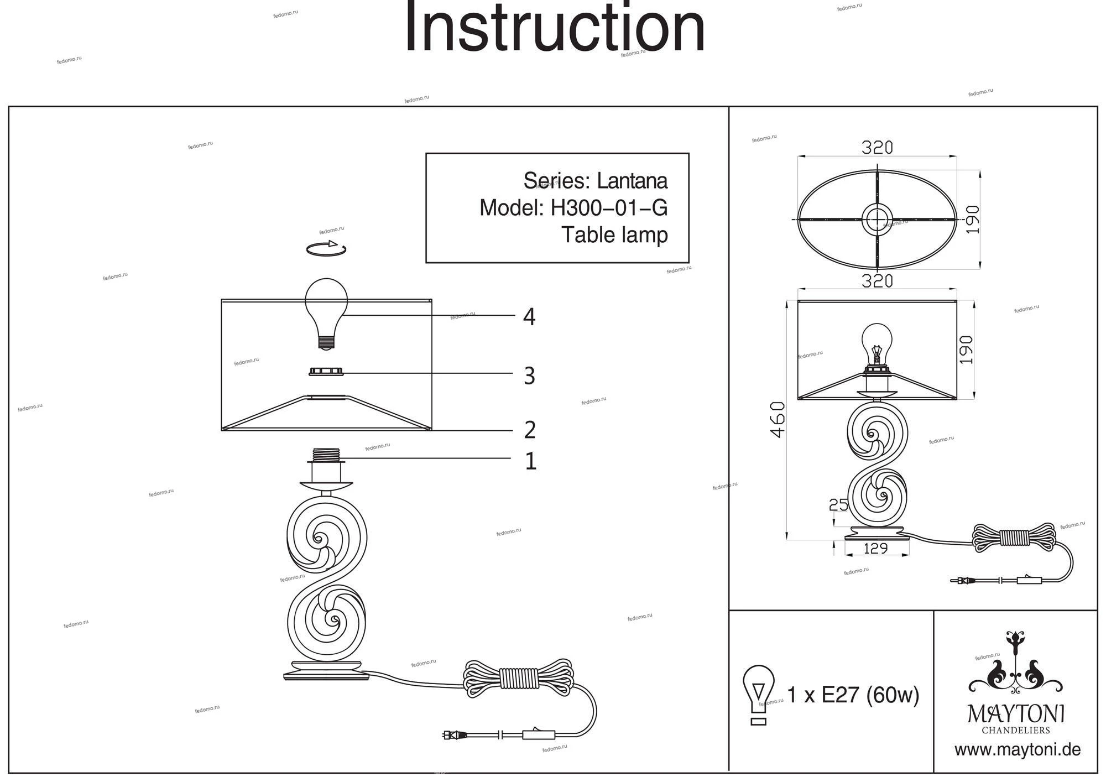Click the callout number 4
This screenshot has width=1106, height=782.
(529, 317)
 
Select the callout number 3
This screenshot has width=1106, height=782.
(529, 376)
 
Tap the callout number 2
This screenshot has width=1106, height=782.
(530, 430)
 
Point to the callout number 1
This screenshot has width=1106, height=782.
(530, 461)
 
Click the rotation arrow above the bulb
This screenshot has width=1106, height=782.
(326, 248)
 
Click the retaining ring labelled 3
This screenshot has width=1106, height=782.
(326, 372)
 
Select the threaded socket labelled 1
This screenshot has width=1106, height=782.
(326, 455)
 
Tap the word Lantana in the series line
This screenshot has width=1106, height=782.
(632, 181)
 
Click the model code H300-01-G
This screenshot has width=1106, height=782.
(609, 208)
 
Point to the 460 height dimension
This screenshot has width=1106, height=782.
(778, 420)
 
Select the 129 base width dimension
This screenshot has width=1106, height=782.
(875, 548)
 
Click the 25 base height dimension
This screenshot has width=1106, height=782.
(838, 504)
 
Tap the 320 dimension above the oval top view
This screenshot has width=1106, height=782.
(877, 148)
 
